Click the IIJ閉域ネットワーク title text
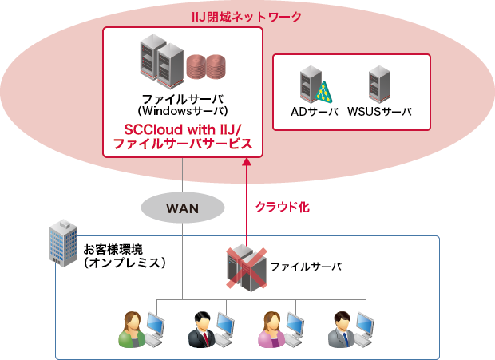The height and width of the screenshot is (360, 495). point(247,14)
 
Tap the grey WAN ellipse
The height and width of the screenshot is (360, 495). point(181,208)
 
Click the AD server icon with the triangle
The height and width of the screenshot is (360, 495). point(314,84)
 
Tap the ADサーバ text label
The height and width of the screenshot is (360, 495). point(314,112)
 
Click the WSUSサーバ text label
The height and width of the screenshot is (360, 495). point(379,112)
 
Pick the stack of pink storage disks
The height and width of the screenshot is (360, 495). point(205,68)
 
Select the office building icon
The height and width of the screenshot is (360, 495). point(64,242)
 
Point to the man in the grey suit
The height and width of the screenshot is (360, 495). point(341,328)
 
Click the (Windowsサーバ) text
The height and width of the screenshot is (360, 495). point(183,109)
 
